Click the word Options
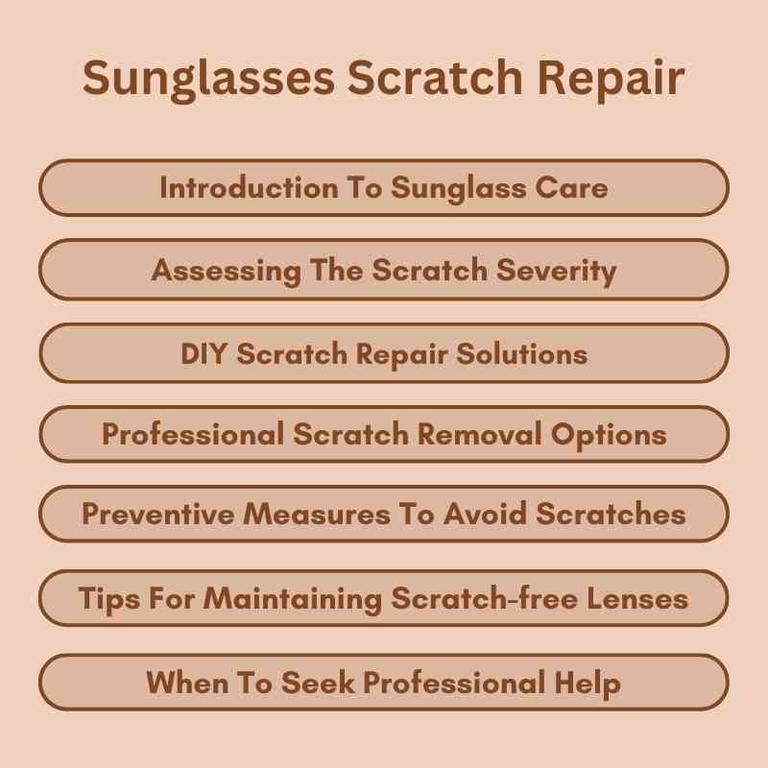coord(610,435)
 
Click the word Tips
coord(107,599)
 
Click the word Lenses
coord(636,599)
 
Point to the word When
coord(184,683)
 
